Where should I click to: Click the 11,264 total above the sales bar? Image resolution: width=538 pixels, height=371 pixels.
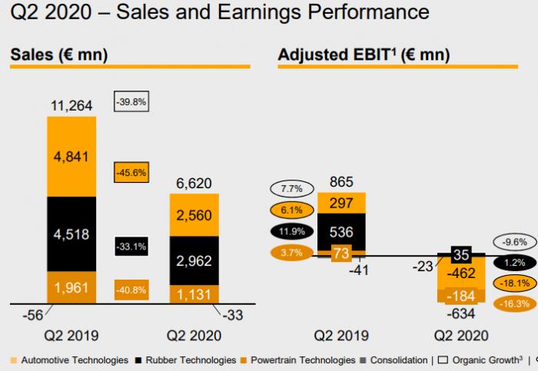coord(71,104)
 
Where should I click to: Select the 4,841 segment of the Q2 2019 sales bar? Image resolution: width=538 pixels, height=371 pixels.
coord(71,157)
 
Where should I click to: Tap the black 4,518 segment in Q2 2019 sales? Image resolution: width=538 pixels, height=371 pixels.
coord(71,234)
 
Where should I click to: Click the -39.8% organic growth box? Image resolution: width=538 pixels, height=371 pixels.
coord(130,102)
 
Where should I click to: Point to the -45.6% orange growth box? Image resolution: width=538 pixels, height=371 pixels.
coord(130,172)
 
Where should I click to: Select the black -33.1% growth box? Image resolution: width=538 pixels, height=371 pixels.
coord(130,247)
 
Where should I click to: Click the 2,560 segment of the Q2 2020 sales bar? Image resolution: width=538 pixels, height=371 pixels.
coord(194,215)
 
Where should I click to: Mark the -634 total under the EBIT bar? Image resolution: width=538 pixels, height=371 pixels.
coord(461,313)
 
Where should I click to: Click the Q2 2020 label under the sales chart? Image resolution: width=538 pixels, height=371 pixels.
coord(194,336)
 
